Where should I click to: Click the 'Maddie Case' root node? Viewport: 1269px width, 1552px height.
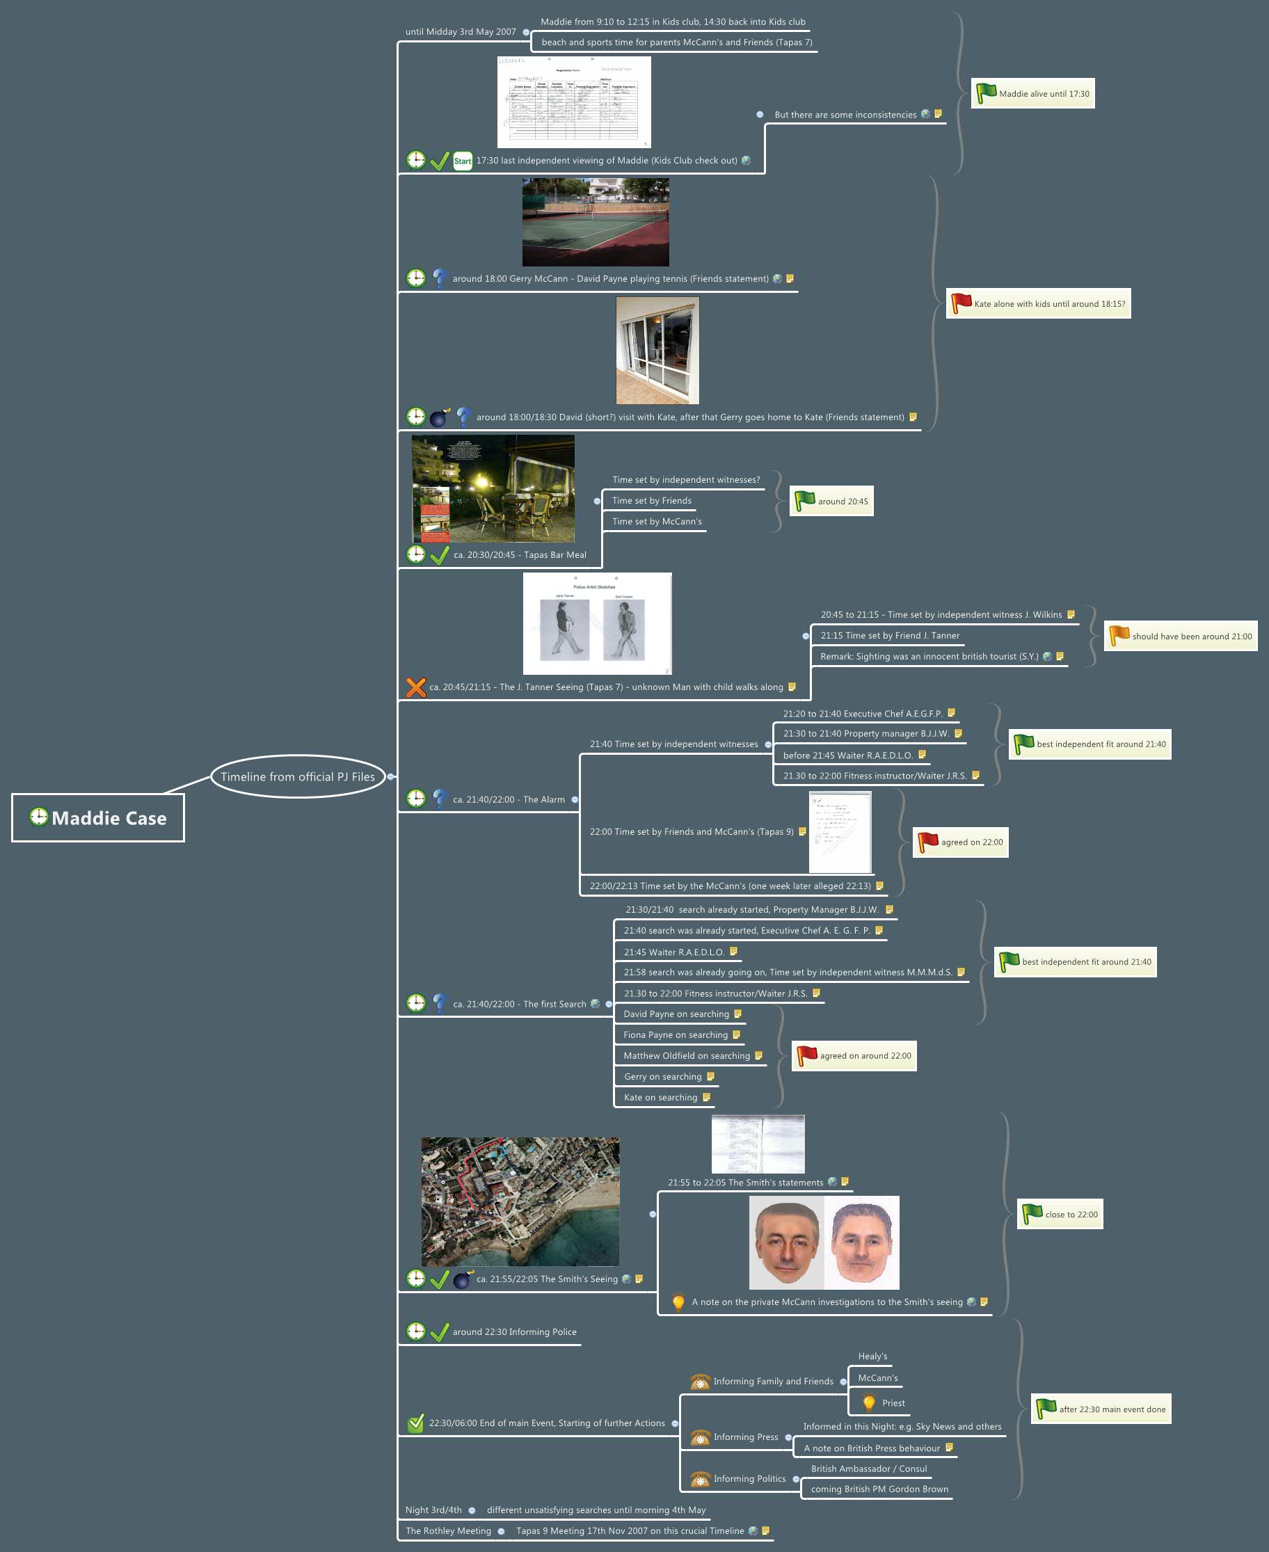tap(98, 817)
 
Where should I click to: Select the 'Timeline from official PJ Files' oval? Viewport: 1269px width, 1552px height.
tap(298, 776)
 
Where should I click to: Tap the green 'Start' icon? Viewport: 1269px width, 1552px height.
tap(462, 161)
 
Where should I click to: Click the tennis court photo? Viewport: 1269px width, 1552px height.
tap(595, 221)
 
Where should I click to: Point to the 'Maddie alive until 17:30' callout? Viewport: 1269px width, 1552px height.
tap(1032, 94)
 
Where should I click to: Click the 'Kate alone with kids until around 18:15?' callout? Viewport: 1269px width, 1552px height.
tap(1038, 303)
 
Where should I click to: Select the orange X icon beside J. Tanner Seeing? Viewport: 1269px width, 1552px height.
tap(416, 687)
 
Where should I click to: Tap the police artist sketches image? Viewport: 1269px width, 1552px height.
tap(596, 623)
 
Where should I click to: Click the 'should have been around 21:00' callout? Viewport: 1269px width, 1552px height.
tap(1180, 636)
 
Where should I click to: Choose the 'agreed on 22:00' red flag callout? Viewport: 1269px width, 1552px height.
tap(960, 842)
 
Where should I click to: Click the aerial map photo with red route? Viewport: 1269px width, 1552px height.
tap(520, 1201)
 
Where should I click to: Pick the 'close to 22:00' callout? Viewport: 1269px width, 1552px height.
tap(1060, 1214)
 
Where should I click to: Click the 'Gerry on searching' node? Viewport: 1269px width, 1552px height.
tap(662, 1076)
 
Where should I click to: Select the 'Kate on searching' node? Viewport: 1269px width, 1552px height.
tap(660, 1097)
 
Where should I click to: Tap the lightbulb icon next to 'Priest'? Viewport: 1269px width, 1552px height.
tap(868, 1403)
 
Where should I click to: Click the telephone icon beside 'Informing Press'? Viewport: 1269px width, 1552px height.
tap(700, 1437)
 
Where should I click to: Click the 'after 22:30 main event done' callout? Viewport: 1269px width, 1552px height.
tap(1101, 1409)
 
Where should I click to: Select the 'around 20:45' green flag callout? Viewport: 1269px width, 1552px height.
tap(831, 502)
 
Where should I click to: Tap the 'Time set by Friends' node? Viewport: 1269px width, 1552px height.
tap(651, 501)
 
